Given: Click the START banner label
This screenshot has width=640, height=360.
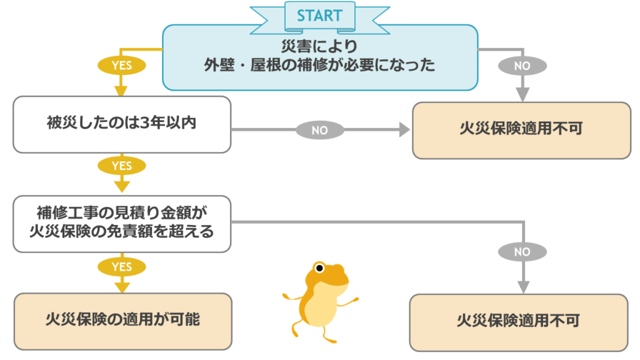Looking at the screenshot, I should (319, 15).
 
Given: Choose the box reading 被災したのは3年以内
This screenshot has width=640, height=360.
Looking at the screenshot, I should (122, 124).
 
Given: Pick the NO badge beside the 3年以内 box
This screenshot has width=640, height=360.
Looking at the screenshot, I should (320, 130).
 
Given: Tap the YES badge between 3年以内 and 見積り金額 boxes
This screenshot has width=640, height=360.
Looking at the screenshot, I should (122, 166).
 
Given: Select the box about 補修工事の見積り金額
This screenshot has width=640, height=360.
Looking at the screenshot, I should (122, 224).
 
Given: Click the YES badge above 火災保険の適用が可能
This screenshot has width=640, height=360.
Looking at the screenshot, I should (122, 267).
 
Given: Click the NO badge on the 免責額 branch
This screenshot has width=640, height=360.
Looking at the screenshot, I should (522, 252).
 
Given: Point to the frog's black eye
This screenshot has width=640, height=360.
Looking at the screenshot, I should (319, 269).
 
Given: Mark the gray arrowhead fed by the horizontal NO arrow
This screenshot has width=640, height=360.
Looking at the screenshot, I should (404, 130).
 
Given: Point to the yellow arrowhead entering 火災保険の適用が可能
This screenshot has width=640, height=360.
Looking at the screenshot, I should (122, 286).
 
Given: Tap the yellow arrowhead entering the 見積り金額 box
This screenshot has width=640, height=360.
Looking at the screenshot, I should (122, 186).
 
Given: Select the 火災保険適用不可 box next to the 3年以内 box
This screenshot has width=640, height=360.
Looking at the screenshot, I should (521, 130).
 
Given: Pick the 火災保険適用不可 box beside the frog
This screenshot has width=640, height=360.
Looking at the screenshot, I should (518, 322).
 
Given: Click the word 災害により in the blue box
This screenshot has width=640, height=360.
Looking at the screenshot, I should (320, 46).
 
